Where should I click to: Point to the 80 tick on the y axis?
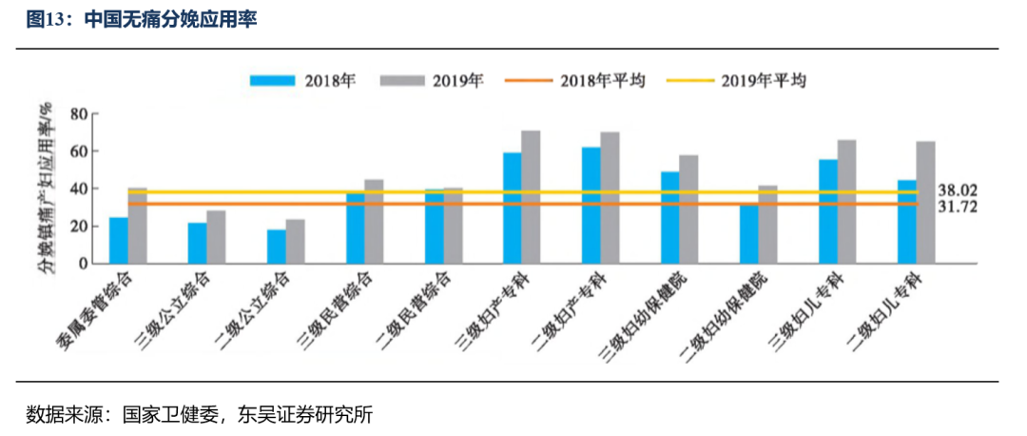(x=77, y=114)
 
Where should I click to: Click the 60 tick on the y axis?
(x=77, y=151)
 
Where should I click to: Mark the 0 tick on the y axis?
(x=83, y=264)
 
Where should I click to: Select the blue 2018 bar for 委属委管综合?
(x=119, y=241)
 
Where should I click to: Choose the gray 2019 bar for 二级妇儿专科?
(x=925, y=203)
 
